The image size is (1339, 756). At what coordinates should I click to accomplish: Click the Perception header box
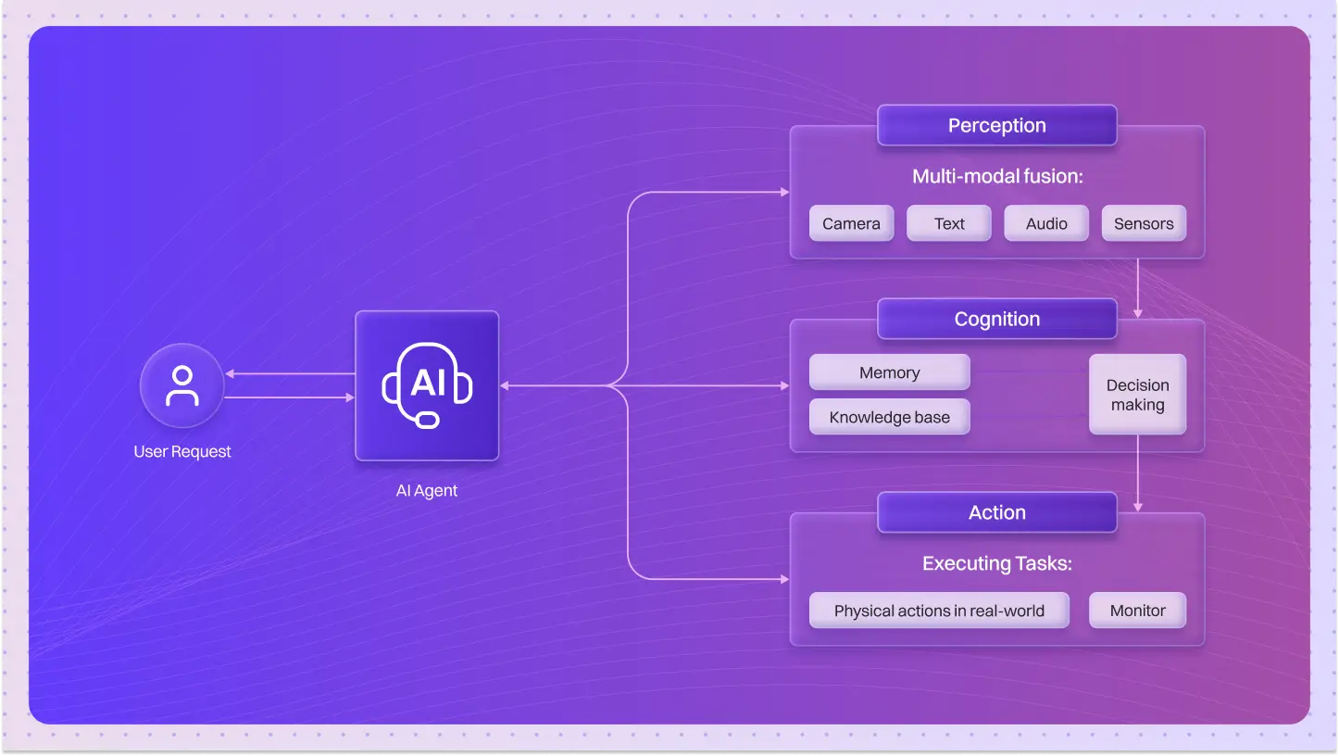[x=996, y=126]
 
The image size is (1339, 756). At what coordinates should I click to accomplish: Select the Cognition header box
[x=996, y=320]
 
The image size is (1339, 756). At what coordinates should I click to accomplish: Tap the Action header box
[x=996, y=513]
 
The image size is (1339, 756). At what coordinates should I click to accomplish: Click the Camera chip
[x=851, y=223]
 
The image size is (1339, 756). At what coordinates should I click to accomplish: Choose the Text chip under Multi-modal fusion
[x=948, y=223]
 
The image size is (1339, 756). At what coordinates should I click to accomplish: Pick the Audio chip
[x=1046, y=223]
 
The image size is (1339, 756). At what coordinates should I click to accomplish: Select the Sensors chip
[x=1144, y=223]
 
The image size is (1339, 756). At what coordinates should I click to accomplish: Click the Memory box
[x=889, y=372]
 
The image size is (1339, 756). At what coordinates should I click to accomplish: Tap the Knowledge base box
[x=889, y=417]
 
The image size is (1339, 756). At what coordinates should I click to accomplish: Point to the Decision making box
[x=1137, y=395]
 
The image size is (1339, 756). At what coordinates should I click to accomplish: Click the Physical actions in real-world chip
[x=939, y=611]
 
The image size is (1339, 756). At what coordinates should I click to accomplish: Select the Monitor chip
[x=1137, y=611]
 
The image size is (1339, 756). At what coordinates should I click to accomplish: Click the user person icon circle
[x=181, y=386]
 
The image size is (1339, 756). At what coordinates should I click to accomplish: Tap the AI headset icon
[x=427, y=385]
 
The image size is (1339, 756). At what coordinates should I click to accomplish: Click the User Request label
[x=182, y=452]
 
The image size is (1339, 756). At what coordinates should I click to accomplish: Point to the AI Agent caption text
[x=427, y=491]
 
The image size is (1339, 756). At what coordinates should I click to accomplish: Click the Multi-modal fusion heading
[x=996, y=176]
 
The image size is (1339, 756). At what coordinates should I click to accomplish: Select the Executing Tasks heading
[x=996, y=563]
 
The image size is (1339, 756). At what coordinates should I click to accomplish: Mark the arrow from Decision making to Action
[x=1137, y=473]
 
